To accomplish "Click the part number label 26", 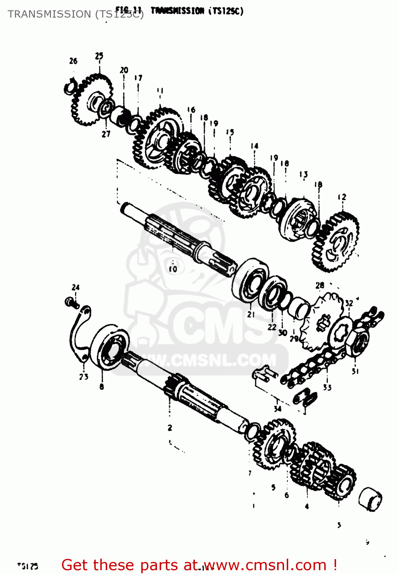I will point(73,61).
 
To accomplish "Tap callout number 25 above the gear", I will point(99,56).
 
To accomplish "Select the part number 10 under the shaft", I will point(173,269).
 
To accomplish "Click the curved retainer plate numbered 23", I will point(78,333).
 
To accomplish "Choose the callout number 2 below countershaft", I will point(170,428).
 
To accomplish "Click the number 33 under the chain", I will point(327,387).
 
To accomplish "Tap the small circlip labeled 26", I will point(70,88).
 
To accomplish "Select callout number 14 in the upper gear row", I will point(255,146).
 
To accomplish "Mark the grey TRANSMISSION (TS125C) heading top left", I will point(75,14).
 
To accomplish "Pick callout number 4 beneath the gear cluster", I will point(307,506).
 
